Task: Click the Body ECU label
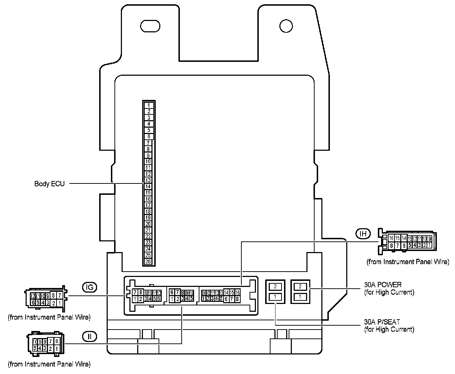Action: tap(49, 184)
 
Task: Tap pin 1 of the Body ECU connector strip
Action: tap(149, 105)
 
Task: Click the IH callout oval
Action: tap(363, 234)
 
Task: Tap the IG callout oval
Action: tap(90, 287)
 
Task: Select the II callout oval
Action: tap(90, 336)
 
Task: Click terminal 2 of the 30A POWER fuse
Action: tap(300, 287)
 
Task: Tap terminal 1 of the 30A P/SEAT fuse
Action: tap(275, 296)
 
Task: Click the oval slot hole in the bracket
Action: tap(150, 26)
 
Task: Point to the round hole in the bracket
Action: tap(286, 26)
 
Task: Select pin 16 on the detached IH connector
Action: tap(391, 238)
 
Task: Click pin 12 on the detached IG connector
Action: tap(33, 296)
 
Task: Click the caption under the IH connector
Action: tap(408, 262)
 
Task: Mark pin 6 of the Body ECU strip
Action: tap(149, 137)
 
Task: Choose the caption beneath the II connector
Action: tap(49, 364)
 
